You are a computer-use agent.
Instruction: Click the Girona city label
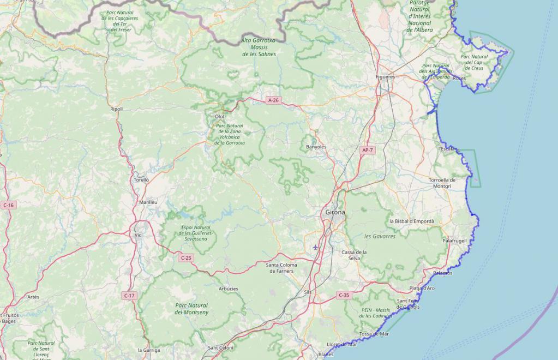pos(335,212)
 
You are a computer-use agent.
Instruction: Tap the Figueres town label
pos(385,77)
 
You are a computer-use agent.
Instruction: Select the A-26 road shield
pos(273,100)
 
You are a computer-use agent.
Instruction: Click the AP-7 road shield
pos(367,150)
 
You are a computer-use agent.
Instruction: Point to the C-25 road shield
pos(186,258)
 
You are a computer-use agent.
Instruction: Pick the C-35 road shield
pos(343,295)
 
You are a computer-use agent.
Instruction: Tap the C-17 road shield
pos(129,296)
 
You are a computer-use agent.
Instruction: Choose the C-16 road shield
pos(8,205)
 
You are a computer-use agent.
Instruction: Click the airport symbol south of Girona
pos(315,248)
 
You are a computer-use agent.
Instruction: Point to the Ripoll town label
pos(116,109)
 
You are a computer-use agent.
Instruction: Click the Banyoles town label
pos(316,147)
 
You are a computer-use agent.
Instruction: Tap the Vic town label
pos(137,235)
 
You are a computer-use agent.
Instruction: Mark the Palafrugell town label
pos(454,241)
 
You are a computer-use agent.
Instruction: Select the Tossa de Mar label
pos(374,334)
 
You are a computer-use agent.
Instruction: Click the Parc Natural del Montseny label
pos(191,309)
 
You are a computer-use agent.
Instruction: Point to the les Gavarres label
pos(380,236)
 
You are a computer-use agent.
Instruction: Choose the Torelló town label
pos(141,179)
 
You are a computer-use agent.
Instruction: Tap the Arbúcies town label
pos(228,289)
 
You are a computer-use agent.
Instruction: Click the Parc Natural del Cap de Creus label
pos(474,62)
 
